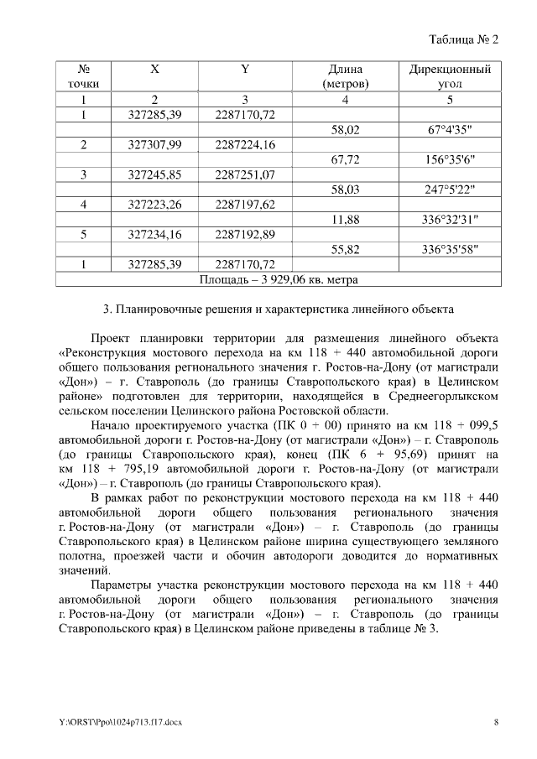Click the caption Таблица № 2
[x=464, y=40]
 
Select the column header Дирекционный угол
[x=449, y=76]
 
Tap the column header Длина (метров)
[x=345, y=76]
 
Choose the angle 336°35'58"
[x=450, y=249]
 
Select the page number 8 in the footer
[x=496, y=721]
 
